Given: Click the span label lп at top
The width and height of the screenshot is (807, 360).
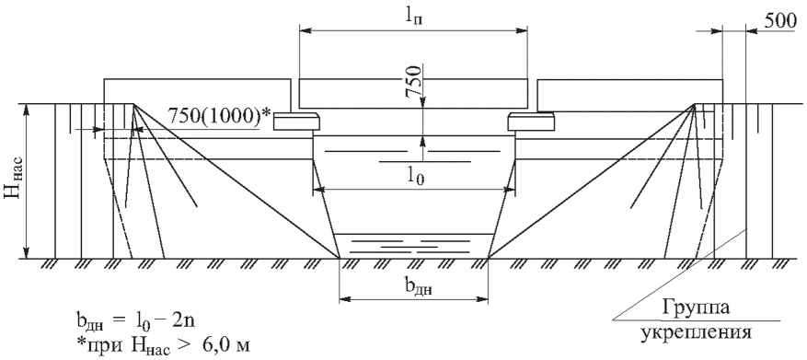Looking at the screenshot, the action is (414, 16).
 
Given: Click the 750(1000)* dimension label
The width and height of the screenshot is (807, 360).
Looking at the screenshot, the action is (219, 118).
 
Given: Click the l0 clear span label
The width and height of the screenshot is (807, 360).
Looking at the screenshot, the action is (415, 179).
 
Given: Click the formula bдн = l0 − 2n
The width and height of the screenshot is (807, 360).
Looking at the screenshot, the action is (134, 319).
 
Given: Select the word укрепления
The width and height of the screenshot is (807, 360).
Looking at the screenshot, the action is (697, 331).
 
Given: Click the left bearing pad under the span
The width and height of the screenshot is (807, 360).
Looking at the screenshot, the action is (296, 121).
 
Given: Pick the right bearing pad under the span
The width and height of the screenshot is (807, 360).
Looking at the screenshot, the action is (532, 121).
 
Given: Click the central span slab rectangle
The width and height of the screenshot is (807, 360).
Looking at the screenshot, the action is (414, 94).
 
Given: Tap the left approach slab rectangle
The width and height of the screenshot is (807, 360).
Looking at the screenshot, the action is (197, 92).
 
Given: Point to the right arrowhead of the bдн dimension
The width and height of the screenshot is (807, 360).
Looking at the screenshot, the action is (482, 297).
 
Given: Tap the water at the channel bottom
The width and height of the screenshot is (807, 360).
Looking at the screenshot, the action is (414, 246).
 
